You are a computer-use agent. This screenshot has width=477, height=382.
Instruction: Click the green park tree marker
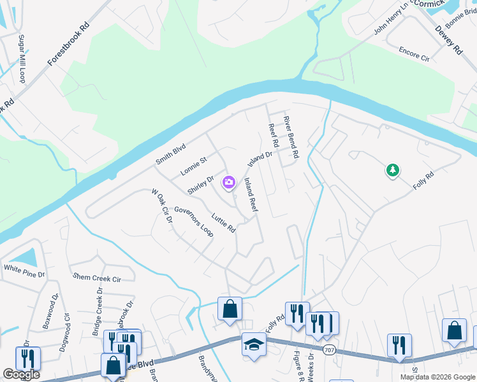(x=393, y=170)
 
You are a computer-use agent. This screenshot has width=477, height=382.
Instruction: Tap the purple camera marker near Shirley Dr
(x=228, y=183)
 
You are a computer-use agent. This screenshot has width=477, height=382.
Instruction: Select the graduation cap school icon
(x=254, y=344)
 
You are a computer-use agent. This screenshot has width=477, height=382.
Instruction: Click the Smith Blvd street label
(x=170, y=153)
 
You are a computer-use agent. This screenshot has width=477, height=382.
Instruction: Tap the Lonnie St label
(x=194, y=166)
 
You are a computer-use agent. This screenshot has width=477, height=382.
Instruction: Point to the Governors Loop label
(x=193, y=221)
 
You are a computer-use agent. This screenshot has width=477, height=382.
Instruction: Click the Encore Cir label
(x=414, y=53)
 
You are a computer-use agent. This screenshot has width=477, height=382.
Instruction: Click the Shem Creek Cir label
(x=97, y=278)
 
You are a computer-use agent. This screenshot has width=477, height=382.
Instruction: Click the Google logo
(x=22, y=374)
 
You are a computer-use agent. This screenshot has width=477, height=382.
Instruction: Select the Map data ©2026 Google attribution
(x=437, y=377)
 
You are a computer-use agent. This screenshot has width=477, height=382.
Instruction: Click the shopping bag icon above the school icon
(x=230, y=309)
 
